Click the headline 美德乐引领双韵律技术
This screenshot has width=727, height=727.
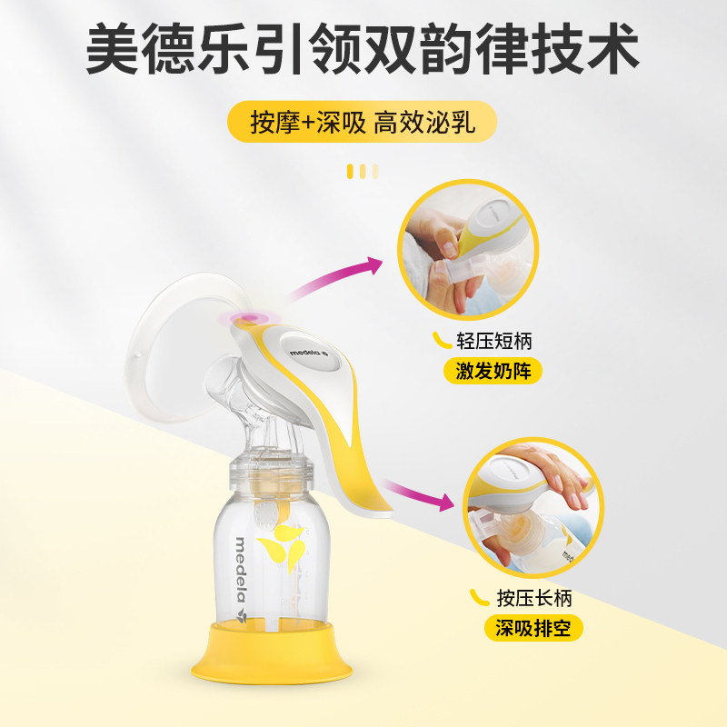point(363,52)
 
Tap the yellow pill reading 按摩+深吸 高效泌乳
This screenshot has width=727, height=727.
point(363,123)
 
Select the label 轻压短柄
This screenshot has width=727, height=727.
point(495,342)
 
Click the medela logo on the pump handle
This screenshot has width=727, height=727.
point(317,356)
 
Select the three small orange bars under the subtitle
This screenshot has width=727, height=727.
point(363,170)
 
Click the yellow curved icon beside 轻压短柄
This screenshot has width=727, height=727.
point(442,341)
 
